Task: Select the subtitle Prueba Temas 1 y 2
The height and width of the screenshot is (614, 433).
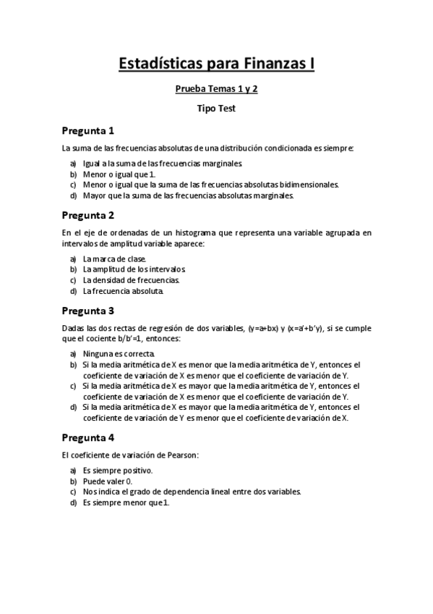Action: [216, 91]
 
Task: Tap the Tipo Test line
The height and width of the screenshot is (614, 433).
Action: [216, 109]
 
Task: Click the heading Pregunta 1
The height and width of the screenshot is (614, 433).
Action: [87, 131]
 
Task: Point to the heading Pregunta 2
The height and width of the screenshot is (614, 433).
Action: [87, 215]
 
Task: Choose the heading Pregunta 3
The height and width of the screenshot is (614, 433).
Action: [87, 311]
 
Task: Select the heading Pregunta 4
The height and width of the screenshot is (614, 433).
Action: [87, 437]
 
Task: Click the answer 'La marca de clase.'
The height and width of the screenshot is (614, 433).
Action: [114, 258]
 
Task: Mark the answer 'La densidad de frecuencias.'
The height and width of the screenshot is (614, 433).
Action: [131, 280]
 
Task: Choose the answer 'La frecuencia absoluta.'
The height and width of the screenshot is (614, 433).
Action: [123, 291]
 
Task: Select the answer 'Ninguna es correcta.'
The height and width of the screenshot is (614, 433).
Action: [119, 354]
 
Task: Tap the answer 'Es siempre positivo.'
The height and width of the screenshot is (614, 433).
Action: [117, 471]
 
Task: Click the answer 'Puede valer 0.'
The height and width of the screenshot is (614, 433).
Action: [108, 481]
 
